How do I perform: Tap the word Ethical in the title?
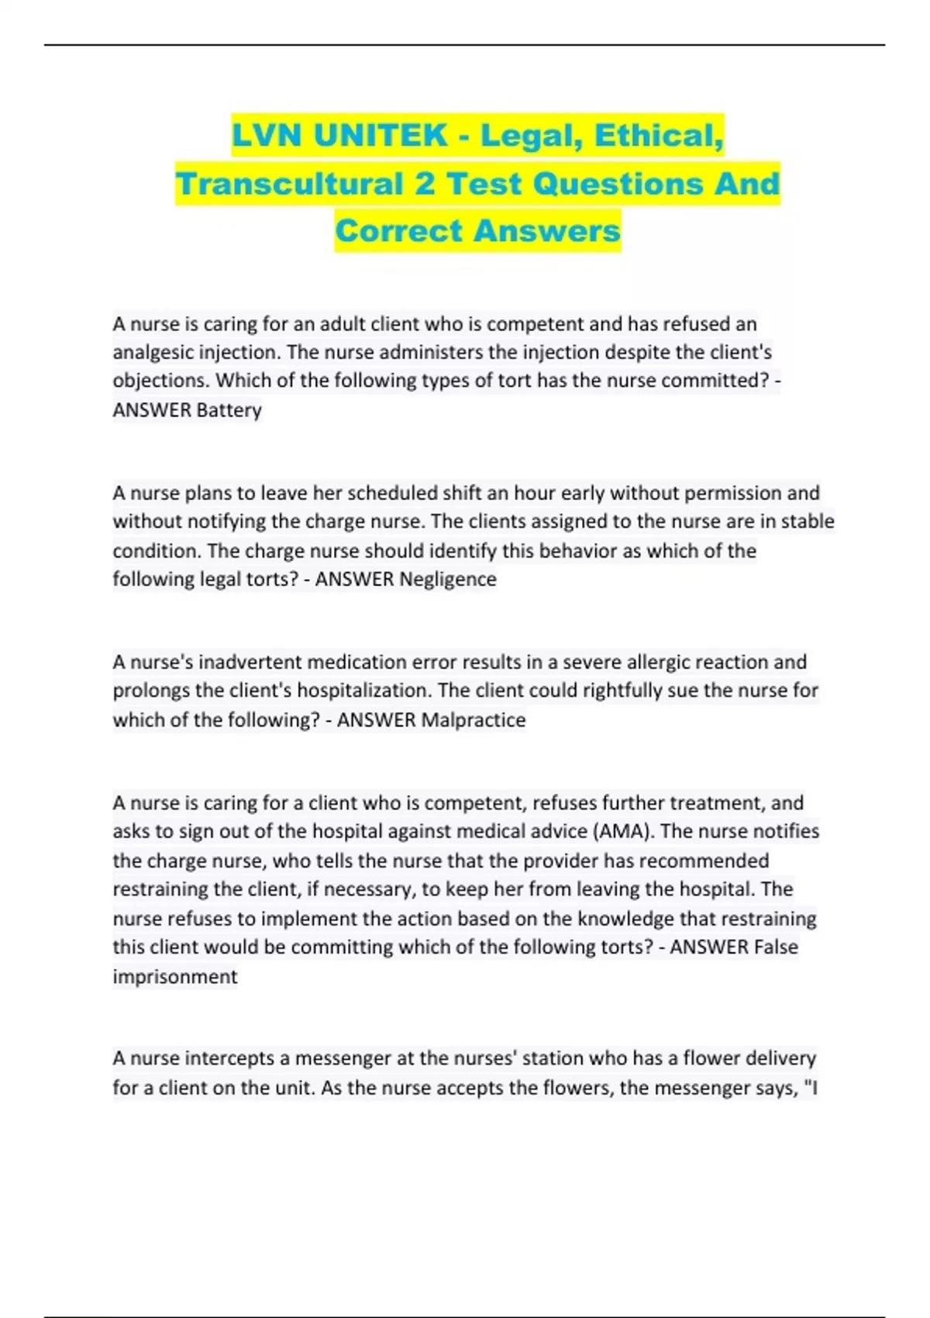(659, 136)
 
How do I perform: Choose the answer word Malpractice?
(473, 720)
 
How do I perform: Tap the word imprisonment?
(175, 977)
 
